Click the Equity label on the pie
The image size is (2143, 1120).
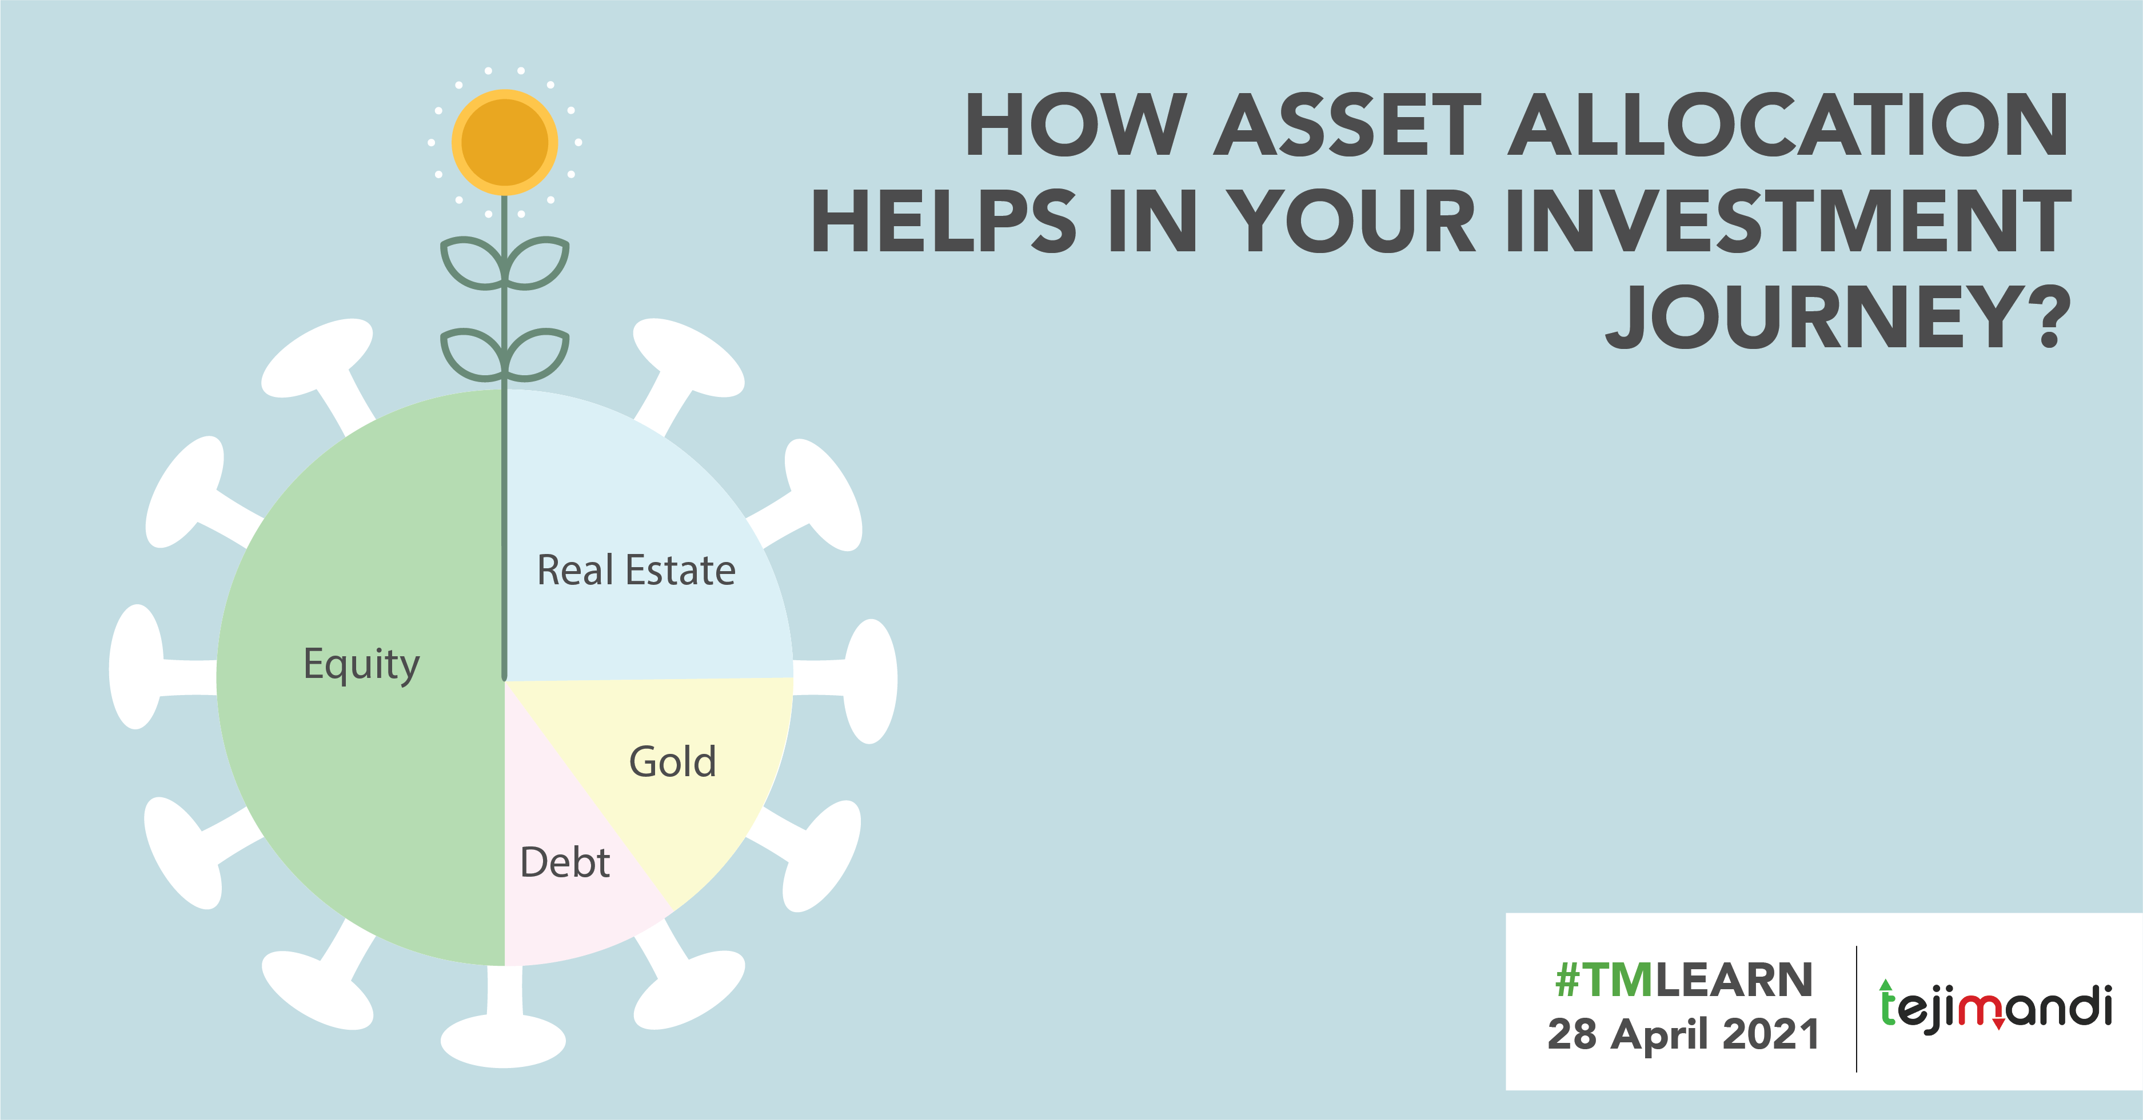click(x=361, y=664)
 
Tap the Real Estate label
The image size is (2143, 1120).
click(x=636, y=571)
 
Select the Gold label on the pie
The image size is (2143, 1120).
click(x=672, y=762)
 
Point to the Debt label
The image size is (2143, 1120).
click(x=565, y=862)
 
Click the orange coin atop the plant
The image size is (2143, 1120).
click(x=504, y=142)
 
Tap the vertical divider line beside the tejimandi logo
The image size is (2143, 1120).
click(x=1857, y=1007)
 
